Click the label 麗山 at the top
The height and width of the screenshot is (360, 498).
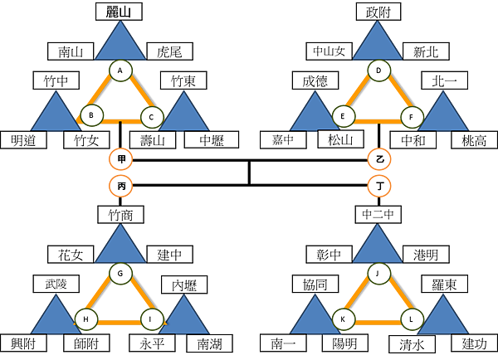coord(119,11)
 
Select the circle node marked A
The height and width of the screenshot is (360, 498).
coord(121,71)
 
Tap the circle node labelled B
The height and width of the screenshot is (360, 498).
coord(90,115)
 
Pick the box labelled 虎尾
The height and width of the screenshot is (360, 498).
coord(169,51)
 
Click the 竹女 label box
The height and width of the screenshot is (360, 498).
coord(86,139)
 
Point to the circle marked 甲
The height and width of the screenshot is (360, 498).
coord(121,158)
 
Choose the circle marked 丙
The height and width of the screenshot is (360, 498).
coord(121,187)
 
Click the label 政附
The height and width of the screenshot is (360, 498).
coord(378,11)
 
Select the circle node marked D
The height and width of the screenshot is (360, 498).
coord(378,71)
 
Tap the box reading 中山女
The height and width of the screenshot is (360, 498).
coord(328,51)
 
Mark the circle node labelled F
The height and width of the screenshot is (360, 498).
coord(410,115)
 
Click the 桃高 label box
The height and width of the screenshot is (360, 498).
coord(474,139)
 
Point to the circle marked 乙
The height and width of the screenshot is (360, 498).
coord(379,158)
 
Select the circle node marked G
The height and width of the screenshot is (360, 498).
coord(121,273)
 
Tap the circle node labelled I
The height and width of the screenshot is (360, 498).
coord(151,318)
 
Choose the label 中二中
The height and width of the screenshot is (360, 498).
coord(378,215)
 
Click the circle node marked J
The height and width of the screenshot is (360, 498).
coord(378,273)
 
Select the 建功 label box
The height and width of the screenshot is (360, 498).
coord(474,343)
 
